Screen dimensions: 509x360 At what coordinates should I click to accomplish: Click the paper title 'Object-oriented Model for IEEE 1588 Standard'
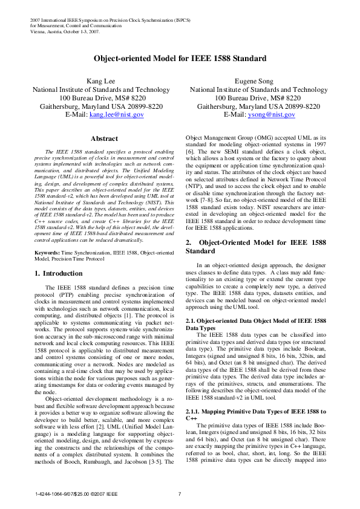click(180, 59)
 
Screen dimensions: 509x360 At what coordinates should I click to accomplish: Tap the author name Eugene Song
click(254, 81)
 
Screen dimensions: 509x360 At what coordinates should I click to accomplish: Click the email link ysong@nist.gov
click(270, 114)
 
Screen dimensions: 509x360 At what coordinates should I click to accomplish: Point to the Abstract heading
click(103, 138)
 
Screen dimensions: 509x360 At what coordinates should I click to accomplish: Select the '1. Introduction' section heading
click(59, 273)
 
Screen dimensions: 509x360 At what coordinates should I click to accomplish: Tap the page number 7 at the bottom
click(180, 495)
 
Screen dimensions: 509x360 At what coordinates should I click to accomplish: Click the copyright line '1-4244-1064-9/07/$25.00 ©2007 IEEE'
click(72, 495)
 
